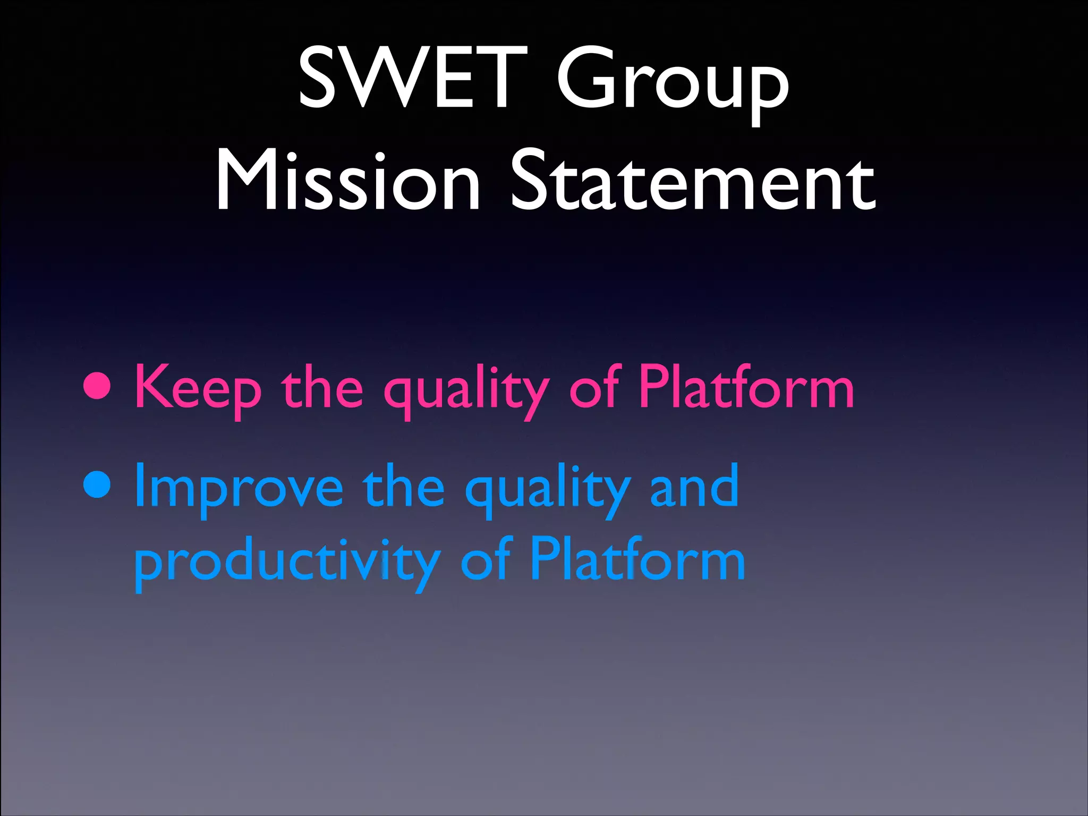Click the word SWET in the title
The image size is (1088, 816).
tap(412, 77)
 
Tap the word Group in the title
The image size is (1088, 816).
tap(672, 80)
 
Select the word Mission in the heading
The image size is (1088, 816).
tap(348, 181)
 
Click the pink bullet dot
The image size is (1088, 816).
tap(98, 386)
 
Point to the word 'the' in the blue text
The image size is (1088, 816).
tap(404, 486)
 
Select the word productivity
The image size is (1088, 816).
tap(287, 563)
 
